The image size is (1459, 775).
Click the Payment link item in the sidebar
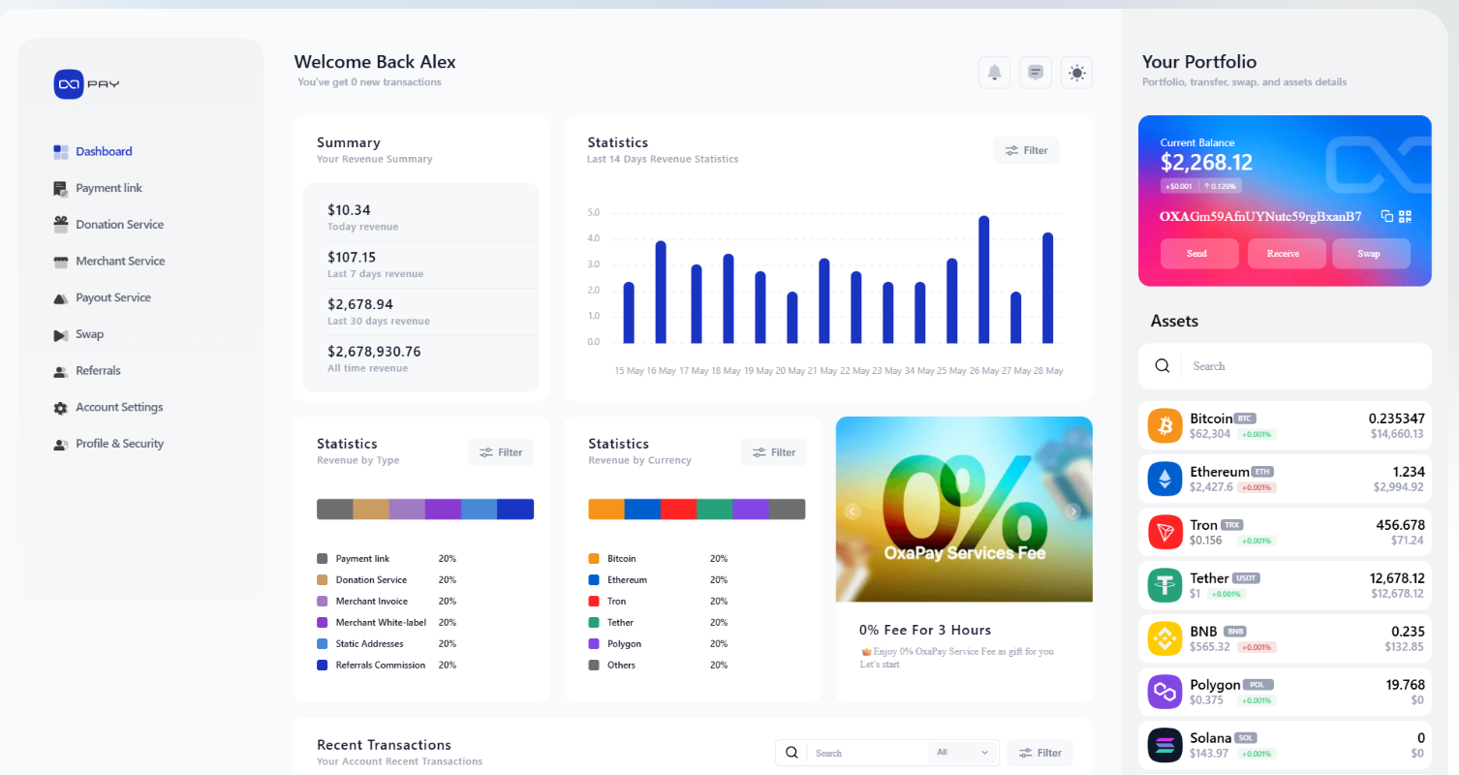(109, 188)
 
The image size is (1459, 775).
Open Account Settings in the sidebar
(118, 408)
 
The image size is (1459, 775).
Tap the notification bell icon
(994, 73)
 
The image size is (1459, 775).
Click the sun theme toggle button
(1076, 73)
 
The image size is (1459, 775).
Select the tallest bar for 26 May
(983, 279)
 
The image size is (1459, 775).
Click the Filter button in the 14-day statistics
(1026, 150)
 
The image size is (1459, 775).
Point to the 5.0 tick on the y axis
(594, 213)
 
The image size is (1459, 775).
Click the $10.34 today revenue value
(349, 210)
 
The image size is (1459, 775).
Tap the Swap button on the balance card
(1370, 254)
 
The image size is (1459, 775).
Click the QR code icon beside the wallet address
(1406, 216)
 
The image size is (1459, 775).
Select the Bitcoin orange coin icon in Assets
(1164, 426)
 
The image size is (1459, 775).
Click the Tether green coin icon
(1164, 585)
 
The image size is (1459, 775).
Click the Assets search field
(1298, 366)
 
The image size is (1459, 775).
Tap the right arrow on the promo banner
(1072, 511)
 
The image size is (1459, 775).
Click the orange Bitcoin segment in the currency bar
(605, 510)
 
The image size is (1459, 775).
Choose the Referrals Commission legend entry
(380, 666)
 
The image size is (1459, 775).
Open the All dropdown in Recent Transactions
(963, 753)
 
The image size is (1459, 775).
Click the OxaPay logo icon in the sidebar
(71, 84)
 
